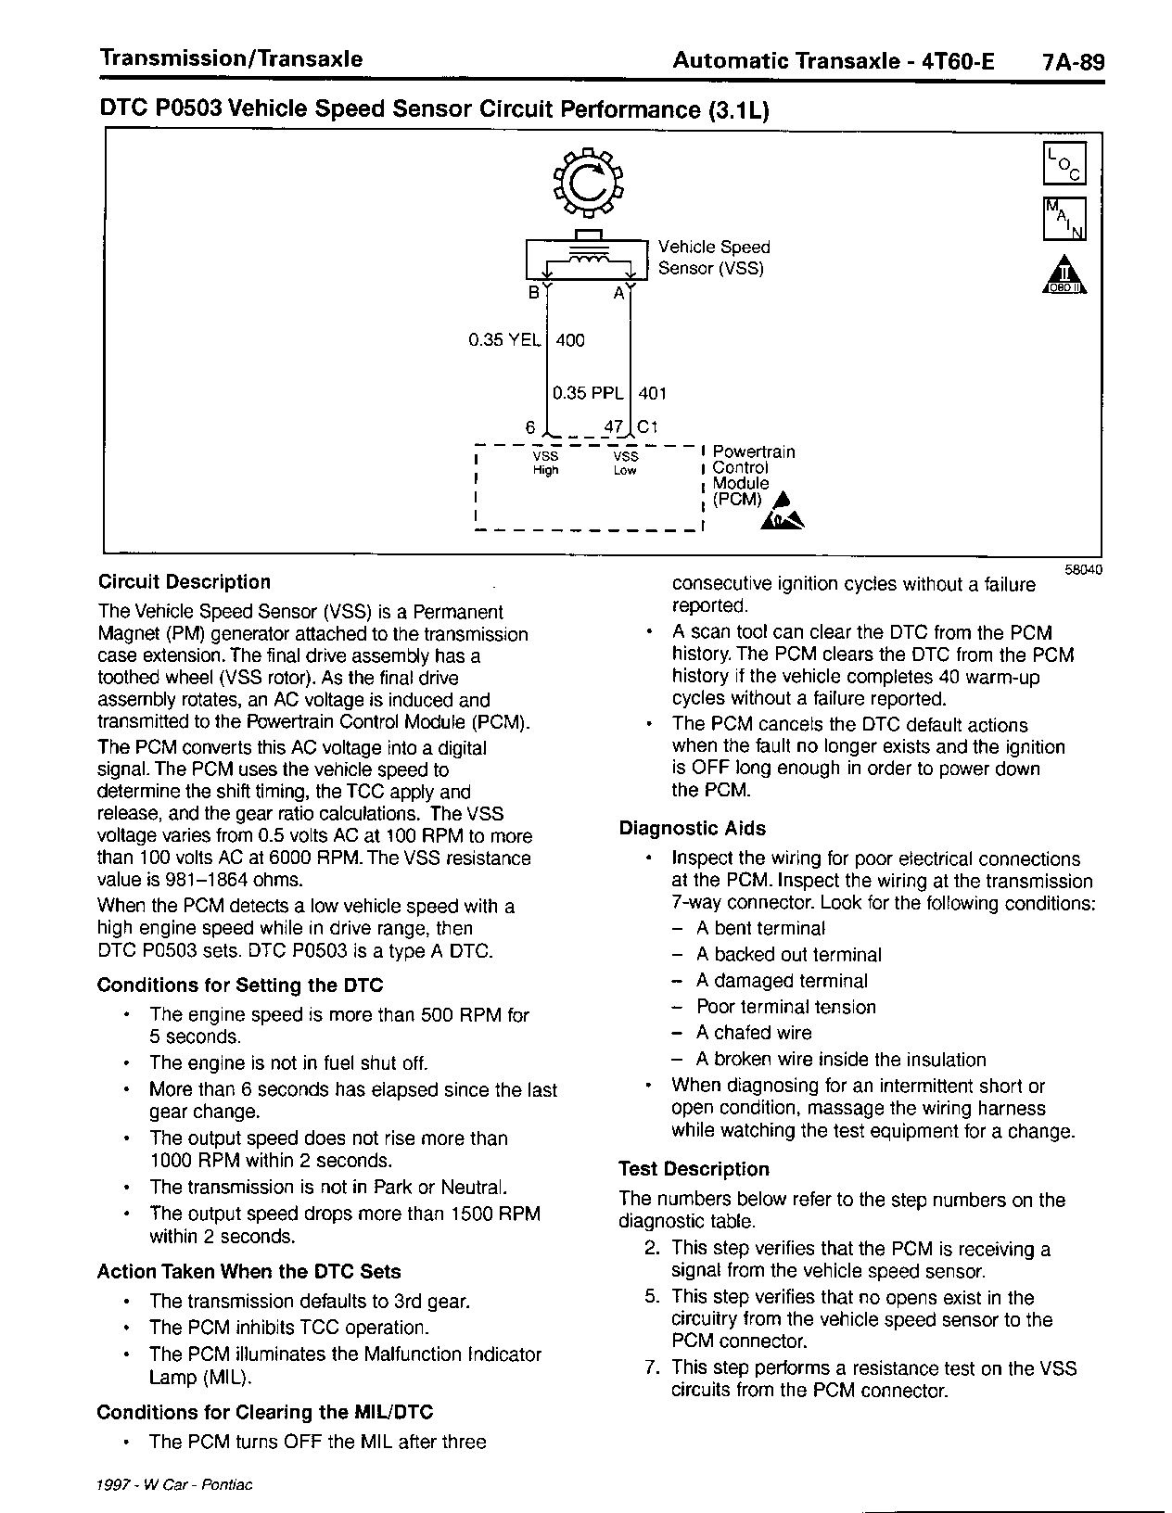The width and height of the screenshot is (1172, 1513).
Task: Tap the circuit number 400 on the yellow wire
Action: tap(570, 340)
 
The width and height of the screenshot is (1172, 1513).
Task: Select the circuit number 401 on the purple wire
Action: tap(653, 393)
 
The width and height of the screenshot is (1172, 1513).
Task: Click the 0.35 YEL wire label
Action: tap(504, 340)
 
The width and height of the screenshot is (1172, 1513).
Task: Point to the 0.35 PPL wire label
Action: tap(588, 393)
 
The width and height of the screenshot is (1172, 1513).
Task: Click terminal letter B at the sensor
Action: tap(533, 294)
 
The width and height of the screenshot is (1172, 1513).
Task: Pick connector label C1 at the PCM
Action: tap(647, 427)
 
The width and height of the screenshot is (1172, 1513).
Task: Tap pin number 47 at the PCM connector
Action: tap(613, 427)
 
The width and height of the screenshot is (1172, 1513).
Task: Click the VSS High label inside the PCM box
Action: tap(545, 464)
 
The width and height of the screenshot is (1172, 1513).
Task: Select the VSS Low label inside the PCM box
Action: tap(626, 464)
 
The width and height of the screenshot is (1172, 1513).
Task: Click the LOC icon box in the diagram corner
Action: tap(1064, 163)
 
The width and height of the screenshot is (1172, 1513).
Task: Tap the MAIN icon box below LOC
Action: tap(1064, 219)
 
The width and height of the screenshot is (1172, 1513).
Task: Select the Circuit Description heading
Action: tap(185, 582)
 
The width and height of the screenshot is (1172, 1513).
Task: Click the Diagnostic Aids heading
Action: tap(693, 829)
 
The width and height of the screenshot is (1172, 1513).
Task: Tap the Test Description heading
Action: tap(694, 1169)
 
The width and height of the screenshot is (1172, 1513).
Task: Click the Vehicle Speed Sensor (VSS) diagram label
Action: tap(714, 258)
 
